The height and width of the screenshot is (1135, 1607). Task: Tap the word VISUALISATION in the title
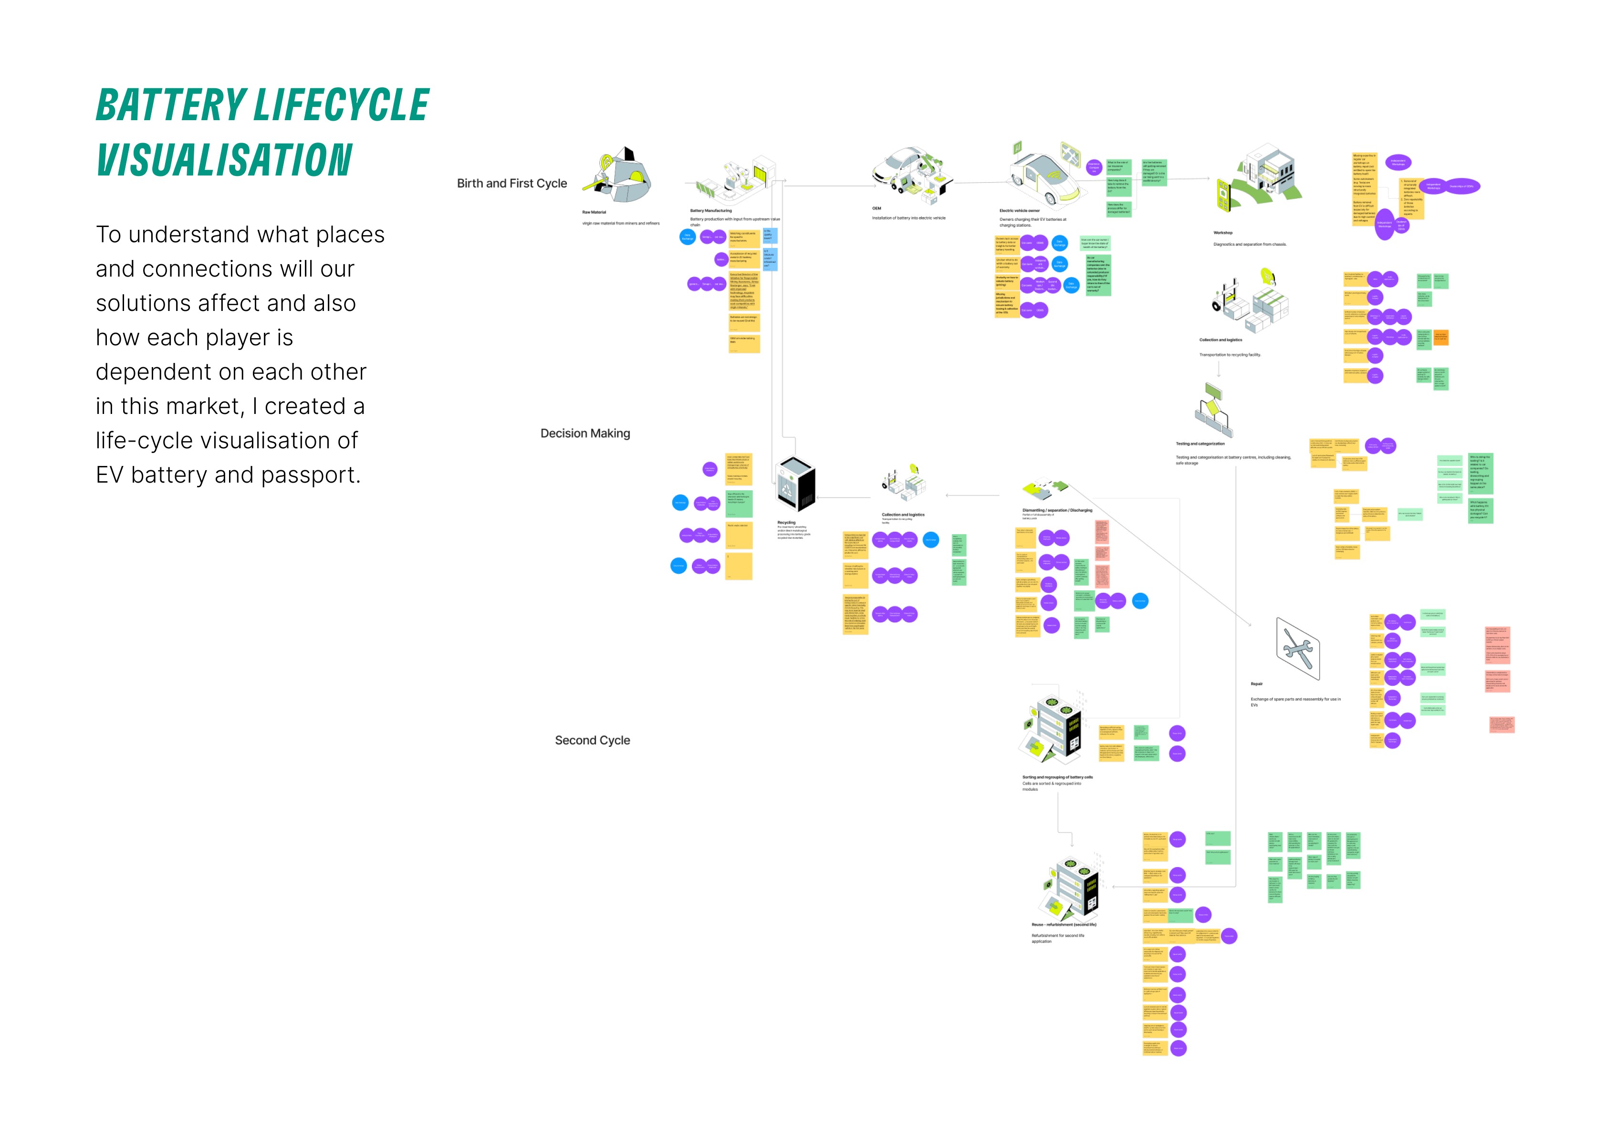224,160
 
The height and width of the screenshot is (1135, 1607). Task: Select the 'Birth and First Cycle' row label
511,183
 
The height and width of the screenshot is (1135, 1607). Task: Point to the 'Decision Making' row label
585,433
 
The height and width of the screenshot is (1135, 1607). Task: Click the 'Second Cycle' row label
592,740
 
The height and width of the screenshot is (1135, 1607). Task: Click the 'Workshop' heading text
1223,232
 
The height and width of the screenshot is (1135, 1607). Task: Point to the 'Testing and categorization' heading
1200,444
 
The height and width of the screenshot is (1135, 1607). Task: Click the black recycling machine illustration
796,484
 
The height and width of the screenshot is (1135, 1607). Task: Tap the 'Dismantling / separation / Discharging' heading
1057,510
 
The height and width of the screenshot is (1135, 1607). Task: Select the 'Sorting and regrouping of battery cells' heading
1057,777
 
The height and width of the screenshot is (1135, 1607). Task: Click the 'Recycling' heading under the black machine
786,523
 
